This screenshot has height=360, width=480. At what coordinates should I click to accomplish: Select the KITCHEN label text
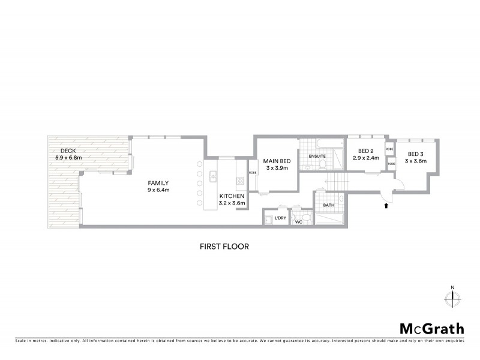click(232, 196)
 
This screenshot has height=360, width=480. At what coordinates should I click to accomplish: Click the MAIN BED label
click(277, 160)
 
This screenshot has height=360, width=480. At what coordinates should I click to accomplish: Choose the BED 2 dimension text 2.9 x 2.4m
click(365, 158)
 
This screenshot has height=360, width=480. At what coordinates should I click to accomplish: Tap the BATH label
click(328, 205)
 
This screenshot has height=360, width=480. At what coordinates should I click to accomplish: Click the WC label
click(298, 222)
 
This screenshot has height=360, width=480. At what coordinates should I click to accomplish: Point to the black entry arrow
click(386, 206)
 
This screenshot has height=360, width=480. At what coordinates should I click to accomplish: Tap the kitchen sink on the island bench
click(212, 176)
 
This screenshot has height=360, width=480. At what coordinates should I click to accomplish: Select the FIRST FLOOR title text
click(224, 246)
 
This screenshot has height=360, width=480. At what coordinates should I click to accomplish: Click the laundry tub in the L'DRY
click(269, 220)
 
